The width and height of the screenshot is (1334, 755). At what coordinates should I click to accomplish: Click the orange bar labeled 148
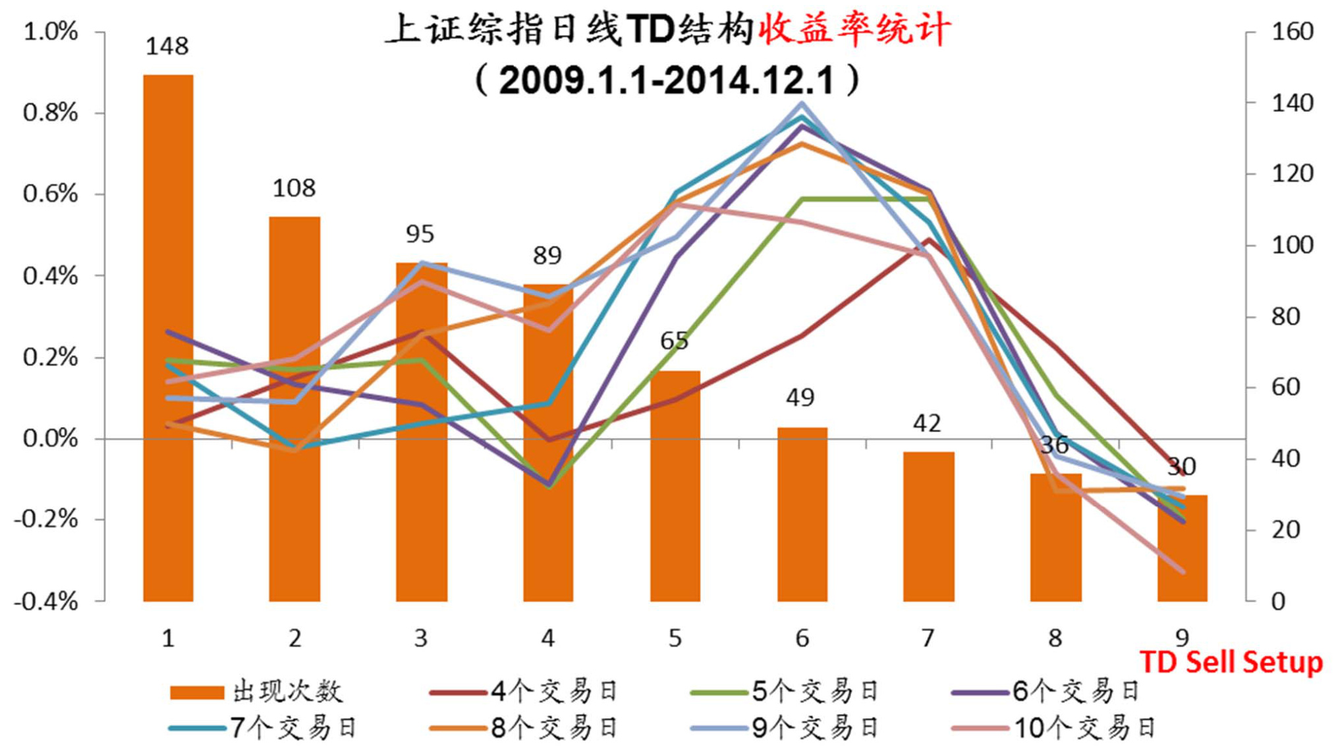[x=168, y=337]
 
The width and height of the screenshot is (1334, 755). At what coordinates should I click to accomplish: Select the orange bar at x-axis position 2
[x=294, y=408]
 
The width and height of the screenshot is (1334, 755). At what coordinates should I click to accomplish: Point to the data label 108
[x=294, y=188]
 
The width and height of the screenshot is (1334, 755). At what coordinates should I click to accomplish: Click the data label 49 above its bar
[x=800, y=397]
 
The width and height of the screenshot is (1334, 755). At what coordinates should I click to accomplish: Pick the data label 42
[x=927, y=423]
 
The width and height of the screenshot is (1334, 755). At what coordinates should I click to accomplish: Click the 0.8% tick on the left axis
[x=50, y=113]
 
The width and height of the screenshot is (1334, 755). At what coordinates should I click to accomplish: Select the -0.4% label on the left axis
[x=46, y=601]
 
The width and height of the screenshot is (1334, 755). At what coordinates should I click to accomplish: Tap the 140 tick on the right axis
[x=1292, y=103]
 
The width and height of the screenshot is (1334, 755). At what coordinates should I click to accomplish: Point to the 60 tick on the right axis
[x=1285, y=387]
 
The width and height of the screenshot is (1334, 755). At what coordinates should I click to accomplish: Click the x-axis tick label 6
[x=802, y=638]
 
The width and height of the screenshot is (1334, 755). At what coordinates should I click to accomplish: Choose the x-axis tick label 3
[x=421, y=638]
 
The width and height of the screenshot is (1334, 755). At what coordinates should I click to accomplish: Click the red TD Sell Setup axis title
[x=1231, y=662]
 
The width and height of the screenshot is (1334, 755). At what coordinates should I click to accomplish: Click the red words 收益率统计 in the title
[x=854, y=30]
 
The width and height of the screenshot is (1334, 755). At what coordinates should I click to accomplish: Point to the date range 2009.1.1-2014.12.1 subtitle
[x=667, y=80]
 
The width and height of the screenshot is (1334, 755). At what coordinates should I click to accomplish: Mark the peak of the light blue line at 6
[x=802, y=103]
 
